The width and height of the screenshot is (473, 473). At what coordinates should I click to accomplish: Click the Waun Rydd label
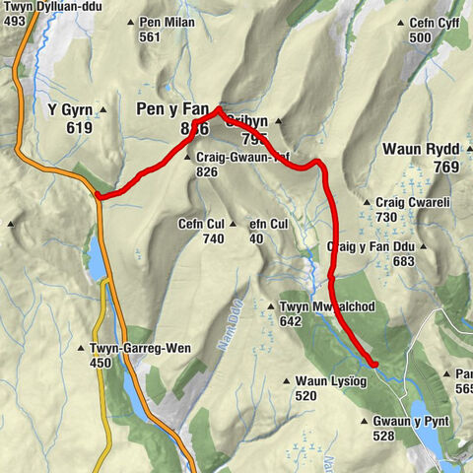[421, 150]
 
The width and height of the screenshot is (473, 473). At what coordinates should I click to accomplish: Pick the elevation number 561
[150, 37]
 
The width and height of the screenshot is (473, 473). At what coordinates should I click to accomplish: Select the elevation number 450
[101, 363]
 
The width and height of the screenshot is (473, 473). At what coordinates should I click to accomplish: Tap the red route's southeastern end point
[374, 364]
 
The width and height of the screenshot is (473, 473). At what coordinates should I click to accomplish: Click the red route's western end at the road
[99, 195]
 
